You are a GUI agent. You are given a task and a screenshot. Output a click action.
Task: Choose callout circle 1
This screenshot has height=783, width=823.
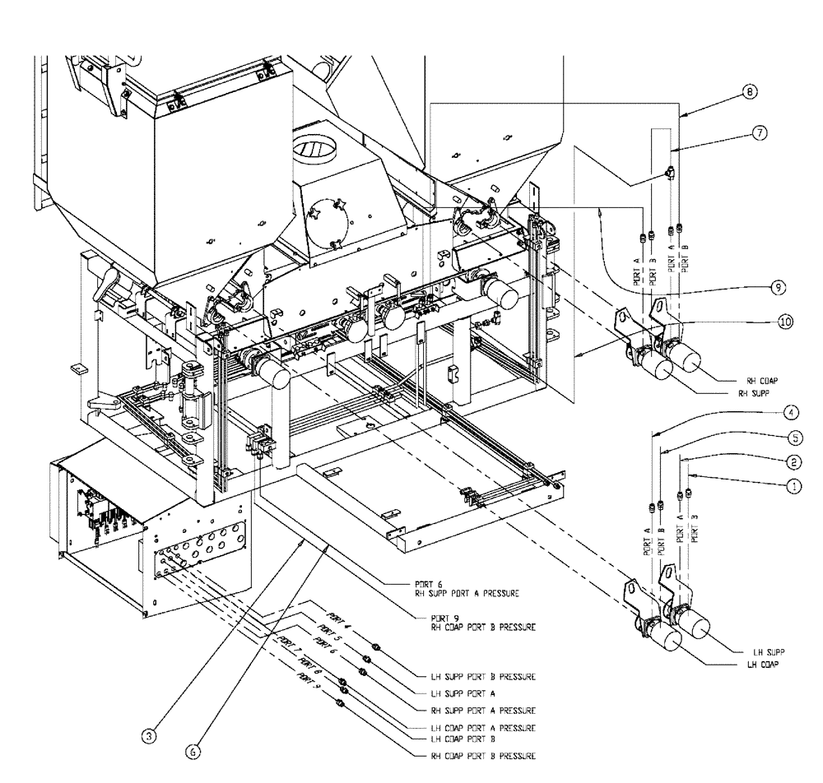[794, 486]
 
